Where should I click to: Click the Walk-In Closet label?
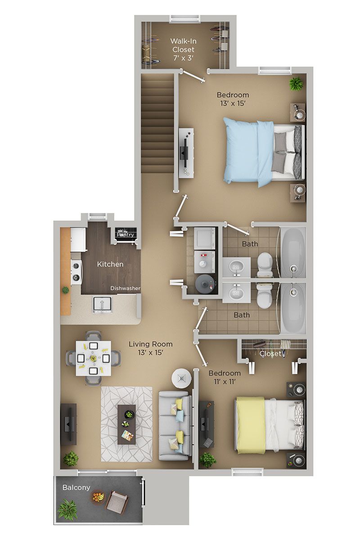(x=183, y=49)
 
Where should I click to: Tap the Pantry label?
(x=126, y=234)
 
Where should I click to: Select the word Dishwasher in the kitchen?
(x=126, y=288)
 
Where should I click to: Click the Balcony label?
(x=76, y=487)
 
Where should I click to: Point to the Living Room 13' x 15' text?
(x=150, y=348)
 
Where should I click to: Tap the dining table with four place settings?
(x=93, y=358)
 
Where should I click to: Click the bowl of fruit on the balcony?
(x=98, y=497)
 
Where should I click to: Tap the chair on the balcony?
(x=117, y=502)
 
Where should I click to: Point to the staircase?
(x=157, y=124)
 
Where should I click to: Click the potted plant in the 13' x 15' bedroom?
(x=296, y=84)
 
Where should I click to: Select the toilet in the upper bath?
(x=265, y=263)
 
